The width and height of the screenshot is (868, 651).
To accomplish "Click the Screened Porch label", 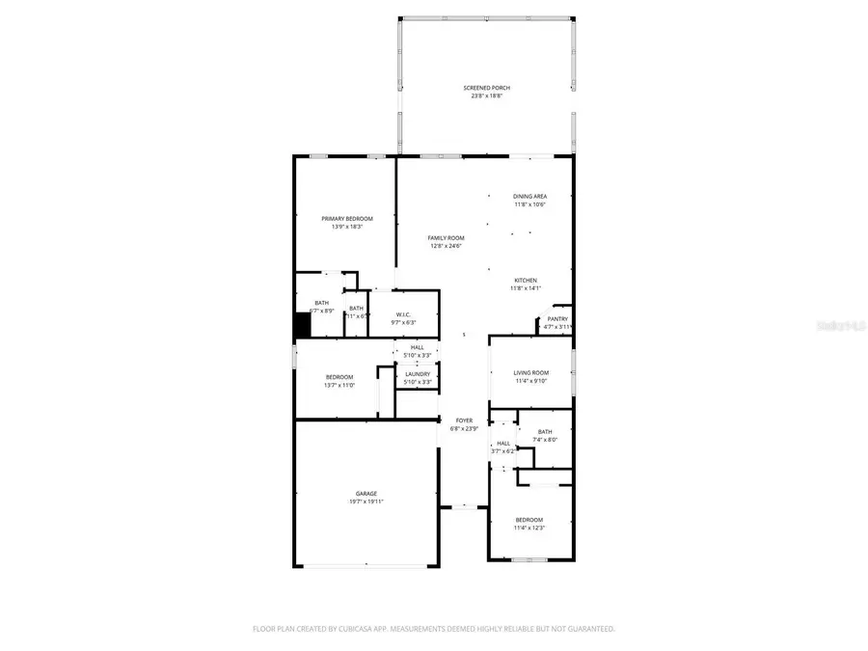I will point(487,88).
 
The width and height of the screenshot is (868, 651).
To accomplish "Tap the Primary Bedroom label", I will point(346,219).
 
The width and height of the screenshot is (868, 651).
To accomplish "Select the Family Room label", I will point(447,238).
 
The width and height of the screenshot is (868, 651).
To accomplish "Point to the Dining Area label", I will point(529,197).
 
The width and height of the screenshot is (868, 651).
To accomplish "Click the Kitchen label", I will point(525,281).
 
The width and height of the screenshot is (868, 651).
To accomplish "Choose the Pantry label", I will point(557,319).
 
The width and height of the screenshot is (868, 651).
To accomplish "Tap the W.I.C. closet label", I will point(404,314).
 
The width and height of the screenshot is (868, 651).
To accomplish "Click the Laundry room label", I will point(418,374).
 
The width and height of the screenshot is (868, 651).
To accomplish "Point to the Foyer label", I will point(465,420).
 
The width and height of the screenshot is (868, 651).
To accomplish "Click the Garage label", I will point(366,494).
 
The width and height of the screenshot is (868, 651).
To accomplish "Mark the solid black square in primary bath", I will point(302,326).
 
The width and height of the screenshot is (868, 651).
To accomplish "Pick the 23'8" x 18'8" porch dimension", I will point(487,95).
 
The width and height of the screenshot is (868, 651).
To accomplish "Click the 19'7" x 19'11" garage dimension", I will point(366,502).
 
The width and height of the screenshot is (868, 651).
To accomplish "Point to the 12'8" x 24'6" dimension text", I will point(447,246).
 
